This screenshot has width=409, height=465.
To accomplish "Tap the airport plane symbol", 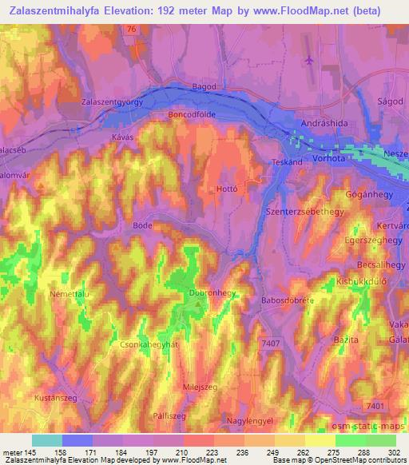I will (x=310, y=60).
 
